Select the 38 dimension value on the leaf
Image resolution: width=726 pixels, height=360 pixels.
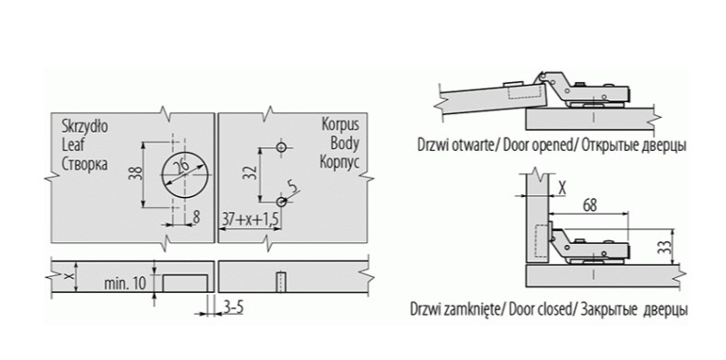pyautogui.click(x=136, y=173)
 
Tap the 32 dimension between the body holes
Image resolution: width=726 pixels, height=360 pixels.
pyautogui.click(x=250, y=173)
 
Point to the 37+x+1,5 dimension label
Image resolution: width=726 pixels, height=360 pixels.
pyautogui.click(x=251, y=219)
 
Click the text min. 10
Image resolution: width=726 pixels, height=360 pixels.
pyautogui.click(x=124, y=284)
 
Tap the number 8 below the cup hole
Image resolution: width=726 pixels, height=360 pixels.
pyautogui.click(x=197, y=218)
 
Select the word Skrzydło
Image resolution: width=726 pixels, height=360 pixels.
pyautogui.click(x=85, y=126)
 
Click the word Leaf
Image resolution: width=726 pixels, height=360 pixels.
pyautogui.click(x=74, y=145)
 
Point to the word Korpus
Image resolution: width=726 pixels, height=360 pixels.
pyautogui.click(x=340, y=124)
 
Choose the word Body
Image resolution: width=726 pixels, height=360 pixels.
pyautogui.click(x=345, y=143)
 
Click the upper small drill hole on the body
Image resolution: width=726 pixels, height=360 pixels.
pyautogui.click(x=281, y=147)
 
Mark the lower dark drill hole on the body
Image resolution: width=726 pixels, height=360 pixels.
pyautogui.click(x=281, y=202)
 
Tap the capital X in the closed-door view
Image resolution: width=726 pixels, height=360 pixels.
pyautogui.click(x=562, y=188)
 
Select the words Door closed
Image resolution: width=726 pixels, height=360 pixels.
pyautogui.click(x=540, y=309)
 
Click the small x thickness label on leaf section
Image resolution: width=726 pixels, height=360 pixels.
pyautogui.click(x=69, y=276)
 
